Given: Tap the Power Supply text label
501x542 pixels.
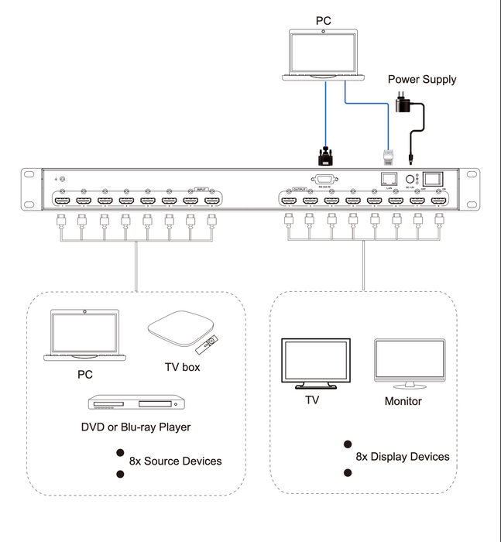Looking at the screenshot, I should [x=421, y=79].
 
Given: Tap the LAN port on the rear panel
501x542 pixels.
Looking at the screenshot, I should [x=389, y=178].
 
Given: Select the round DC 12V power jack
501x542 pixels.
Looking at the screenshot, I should [x=411, y=178].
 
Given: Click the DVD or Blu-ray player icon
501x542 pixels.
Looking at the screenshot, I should [x=136, y=404].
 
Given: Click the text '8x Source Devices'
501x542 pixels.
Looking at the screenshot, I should [x=175, y=461].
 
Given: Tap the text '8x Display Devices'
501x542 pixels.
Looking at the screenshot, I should [x=402, y=456].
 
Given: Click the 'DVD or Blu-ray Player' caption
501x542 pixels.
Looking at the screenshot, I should [x=136, y=427].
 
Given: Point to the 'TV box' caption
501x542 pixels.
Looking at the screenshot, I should [x=182, y=367].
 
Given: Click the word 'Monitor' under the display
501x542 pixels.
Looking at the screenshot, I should [x=403, y=401].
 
